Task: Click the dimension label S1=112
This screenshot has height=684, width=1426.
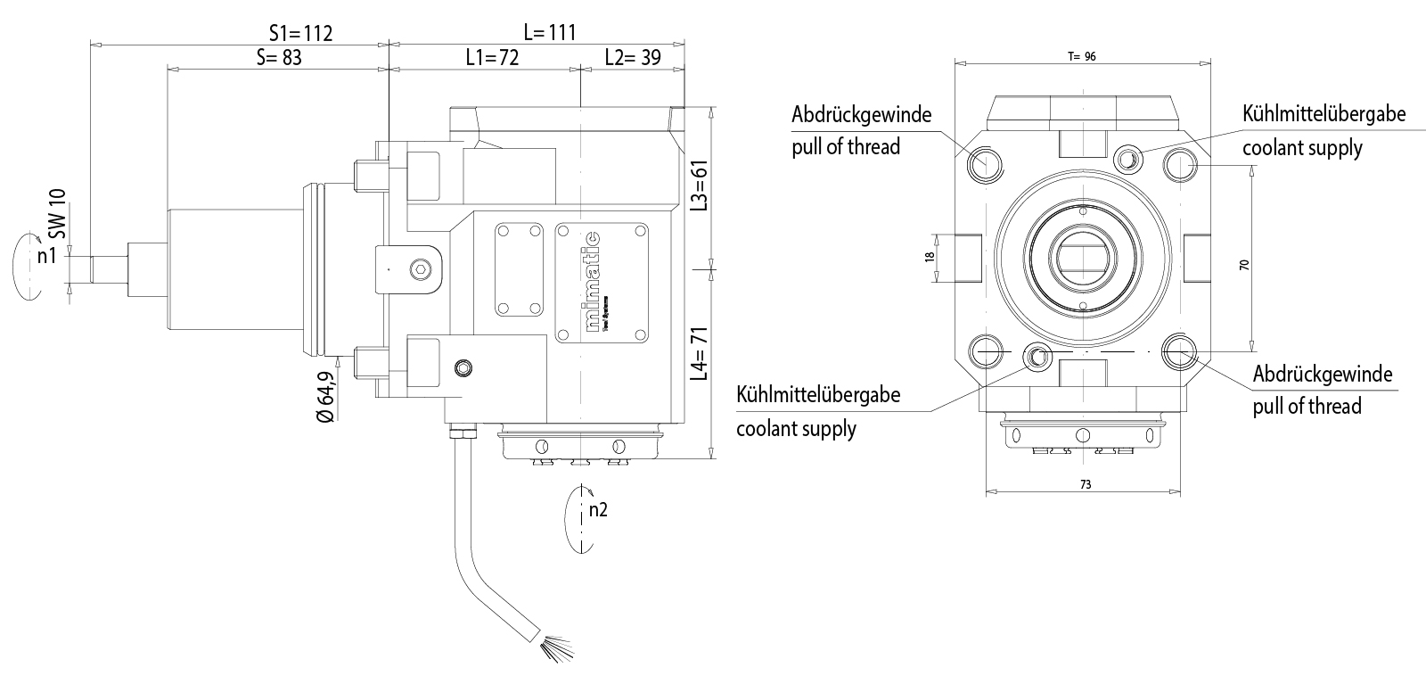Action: [x=300, y=33]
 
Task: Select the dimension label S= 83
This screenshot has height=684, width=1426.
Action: [x=279, y=58]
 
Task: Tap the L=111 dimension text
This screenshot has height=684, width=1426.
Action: [x=550, y=33]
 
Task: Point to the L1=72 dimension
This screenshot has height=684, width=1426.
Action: [x=492, y=58]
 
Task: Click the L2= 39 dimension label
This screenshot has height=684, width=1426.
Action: [x=632, y=58]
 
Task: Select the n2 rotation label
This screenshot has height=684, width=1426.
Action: [x=598, y=510]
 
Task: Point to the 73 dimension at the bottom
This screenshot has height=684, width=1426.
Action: [x=1085, y=485]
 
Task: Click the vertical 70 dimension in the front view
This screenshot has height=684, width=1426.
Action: [x=1245, y=264]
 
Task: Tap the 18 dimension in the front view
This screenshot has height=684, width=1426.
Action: [x=930, y=257]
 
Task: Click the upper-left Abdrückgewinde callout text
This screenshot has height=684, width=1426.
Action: [x=860, y=114]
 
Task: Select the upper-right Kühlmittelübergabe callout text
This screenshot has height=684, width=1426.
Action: [x=1324, y=114]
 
